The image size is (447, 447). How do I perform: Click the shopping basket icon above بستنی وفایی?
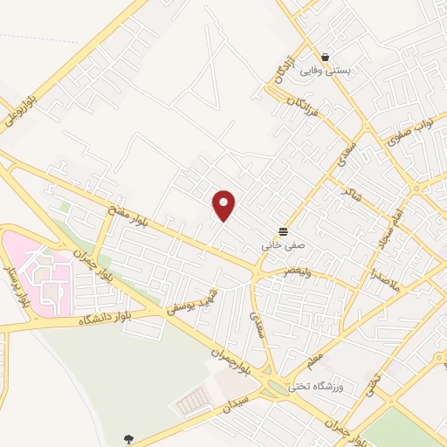pyautogui.click(x=325, y=56)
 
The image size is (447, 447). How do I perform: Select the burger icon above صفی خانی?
pyautogui.click(x=284, y=231)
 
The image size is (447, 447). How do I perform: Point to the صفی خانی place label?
pyautogui.click(x=279, y=246)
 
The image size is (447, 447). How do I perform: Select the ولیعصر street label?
pyautogui.click(x=293, y=272)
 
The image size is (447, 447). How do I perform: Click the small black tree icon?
pyautogui.click(x=128, y=439)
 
